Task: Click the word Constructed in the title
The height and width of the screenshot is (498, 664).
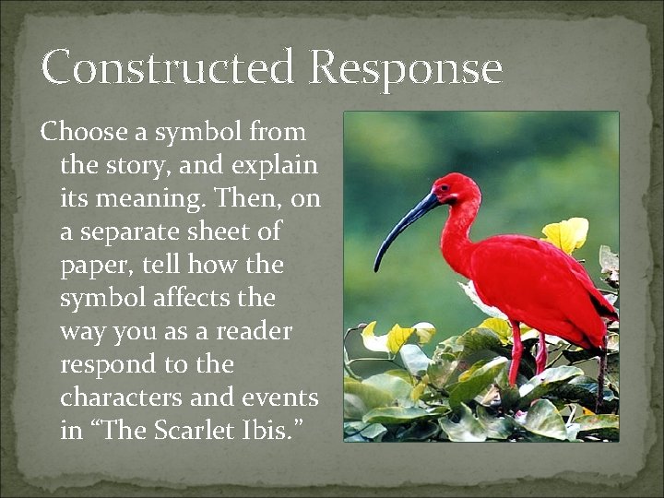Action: click(x=168, y=68)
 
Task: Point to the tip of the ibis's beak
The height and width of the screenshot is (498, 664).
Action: click(x=376, y=268)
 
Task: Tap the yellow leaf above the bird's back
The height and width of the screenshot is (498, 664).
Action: click(x=565, y=235)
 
